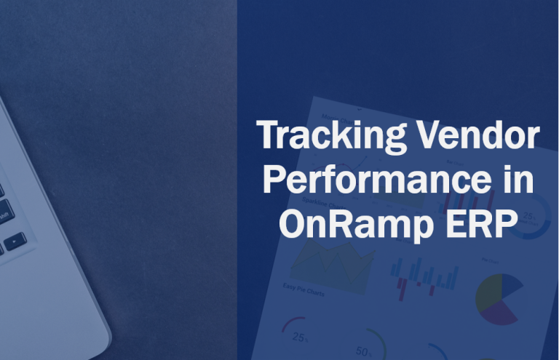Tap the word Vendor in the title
click(495, 136)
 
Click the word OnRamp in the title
click(357, 223)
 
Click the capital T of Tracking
click(269, 136)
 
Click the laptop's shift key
click(4, 213)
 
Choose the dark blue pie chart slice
click(510, 285)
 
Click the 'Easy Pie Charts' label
click(305, 292)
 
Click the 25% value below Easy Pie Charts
click(300, 337)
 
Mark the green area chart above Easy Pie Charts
click(332, 262)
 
